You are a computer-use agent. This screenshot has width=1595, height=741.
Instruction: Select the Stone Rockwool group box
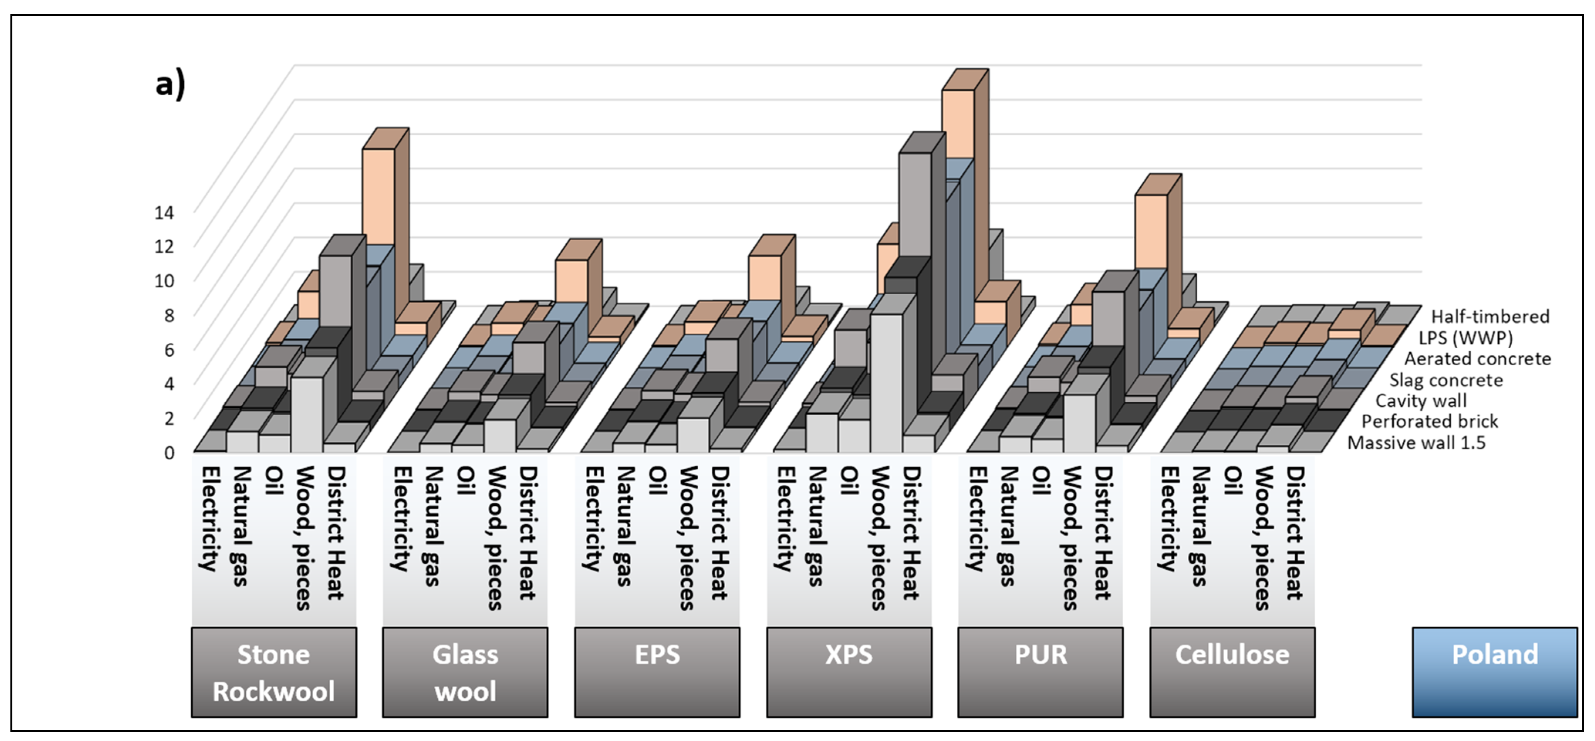[x=273, y=672]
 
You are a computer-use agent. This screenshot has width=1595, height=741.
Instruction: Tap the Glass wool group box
[x=465, y=672]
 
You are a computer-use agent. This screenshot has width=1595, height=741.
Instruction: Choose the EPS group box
[x=657, y=672]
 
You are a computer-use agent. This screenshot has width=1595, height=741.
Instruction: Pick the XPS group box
[x=849, y=672]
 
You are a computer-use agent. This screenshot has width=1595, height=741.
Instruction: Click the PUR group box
[x=1040, y=672]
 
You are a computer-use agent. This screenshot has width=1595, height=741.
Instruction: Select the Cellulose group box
[x=1232, y=672]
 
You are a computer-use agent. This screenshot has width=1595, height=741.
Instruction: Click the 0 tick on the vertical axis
[x=169, y=452]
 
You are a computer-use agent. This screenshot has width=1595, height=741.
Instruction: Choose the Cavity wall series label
[x=1421, y=400]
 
